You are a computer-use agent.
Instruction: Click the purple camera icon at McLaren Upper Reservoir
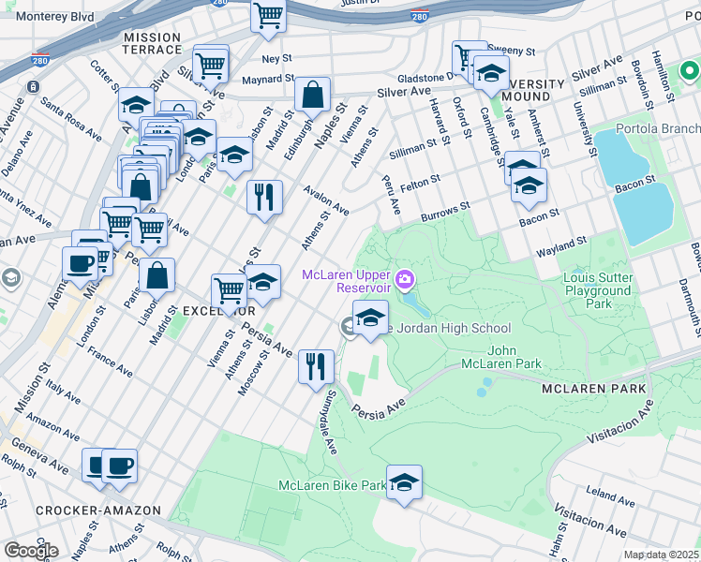pos(405,278)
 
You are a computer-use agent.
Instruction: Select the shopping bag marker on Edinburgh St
pos(312,94)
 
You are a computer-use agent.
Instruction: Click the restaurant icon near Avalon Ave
pos(264,197)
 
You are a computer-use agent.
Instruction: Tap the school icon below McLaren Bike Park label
pos(404,482)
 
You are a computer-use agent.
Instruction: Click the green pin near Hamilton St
pos(689,71)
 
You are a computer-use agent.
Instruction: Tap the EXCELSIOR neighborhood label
pos(194,309)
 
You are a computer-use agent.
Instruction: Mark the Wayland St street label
pos(560,247)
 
